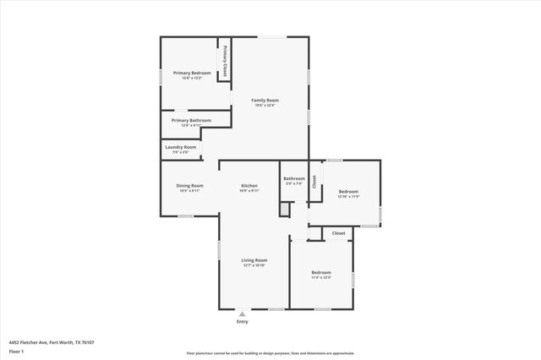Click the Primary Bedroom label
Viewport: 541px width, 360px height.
point(192,74)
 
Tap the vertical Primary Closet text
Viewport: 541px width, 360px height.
point(225,63)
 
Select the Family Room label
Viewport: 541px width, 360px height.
point(265,101)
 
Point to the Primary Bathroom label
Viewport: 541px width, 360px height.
point(191,121)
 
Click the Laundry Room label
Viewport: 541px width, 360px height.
point(180,148)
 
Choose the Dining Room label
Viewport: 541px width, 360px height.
point(189,186)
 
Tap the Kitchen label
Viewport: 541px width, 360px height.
point(249,186)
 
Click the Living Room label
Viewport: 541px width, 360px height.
point(254,260)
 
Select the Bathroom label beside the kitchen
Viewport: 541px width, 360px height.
point(294,178)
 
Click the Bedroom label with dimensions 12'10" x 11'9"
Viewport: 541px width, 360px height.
point(348,192)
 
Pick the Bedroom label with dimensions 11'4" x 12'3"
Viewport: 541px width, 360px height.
point(321,272)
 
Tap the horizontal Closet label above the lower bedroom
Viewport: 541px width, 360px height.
point(338,232)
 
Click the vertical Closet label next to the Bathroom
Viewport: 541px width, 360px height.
point(314,181)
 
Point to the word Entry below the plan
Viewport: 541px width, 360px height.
point(243,321)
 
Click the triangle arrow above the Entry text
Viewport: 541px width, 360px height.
point(243,314)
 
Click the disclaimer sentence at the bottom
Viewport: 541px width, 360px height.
point(270,353)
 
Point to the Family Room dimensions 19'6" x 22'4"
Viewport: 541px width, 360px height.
point(265,106)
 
